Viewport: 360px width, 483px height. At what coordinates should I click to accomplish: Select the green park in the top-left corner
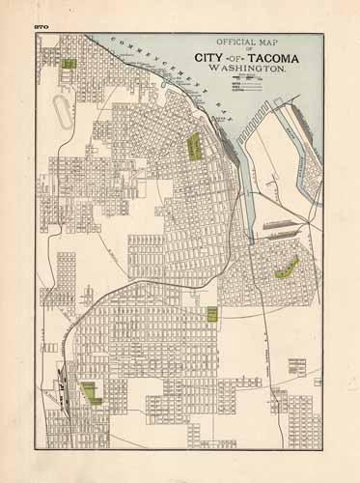coord(69,63)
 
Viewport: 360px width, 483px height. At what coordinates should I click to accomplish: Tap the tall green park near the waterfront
coord(194,147)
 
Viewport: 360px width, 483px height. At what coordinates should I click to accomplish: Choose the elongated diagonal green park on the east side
coord(287,268)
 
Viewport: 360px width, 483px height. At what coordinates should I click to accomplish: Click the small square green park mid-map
coord(211,313)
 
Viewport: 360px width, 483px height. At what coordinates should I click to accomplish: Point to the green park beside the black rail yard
coord(93,391)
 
